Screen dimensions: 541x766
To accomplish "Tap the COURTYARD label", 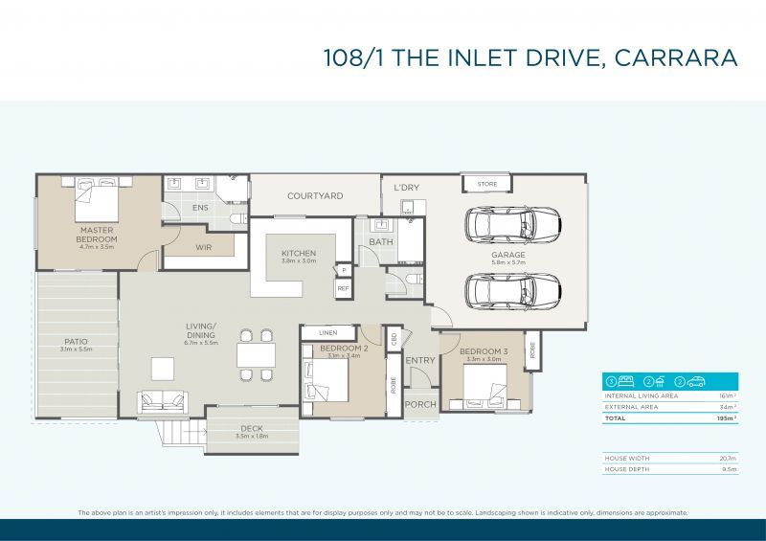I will pyautogui.click(x=315, y=196).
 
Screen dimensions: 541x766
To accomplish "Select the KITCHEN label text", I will pyautogui.click(x=298, y=253).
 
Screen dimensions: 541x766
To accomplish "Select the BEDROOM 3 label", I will pyautogui.click(x=484, y=352).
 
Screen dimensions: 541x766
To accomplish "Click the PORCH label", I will pyautogui.click(x=420, y=404).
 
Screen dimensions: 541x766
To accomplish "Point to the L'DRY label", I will pyautogui.click(x=407, y=189).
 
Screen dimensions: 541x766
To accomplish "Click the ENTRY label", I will pyautogui.click(x=420, y=361).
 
